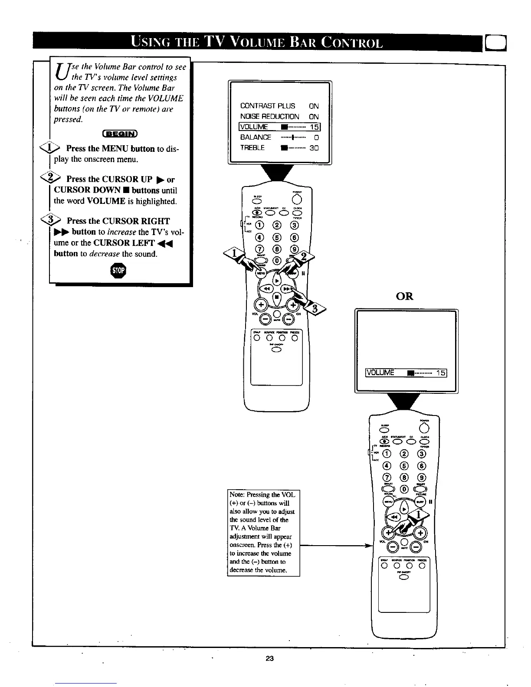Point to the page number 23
coord(270,658)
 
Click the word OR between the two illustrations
coord(405,297)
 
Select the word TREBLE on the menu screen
coord(252,147)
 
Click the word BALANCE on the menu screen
coord(256,137)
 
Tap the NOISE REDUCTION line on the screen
coord(269,116)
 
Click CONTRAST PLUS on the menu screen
coord(268,106)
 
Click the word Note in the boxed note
coord(236,495)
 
